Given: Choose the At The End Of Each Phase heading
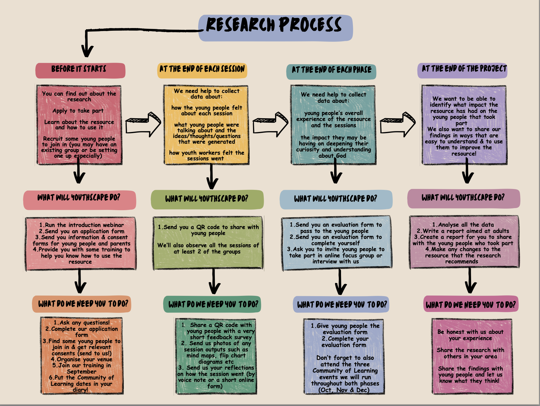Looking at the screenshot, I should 331,71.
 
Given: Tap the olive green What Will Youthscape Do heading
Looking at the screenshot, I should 207,199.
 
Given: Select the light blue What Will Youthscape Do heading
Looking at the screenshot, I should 336,199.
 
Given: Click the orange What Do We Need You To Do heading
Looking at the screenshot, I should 82,304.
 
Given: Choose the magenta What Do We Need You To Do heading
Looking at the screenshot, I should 470,305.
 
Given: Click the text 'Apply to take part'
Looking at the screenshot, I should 78,111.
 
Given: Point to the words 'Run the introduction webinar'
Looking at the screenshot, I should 84,225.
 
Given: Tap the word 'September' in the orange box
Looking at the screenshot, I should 81,372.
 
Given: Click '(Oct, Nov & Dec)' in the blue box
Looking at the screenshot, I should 344,390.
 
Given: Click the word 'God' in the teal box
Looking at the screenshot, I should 341,156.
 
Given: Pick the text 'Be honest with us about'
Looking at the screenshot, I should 470,332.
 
